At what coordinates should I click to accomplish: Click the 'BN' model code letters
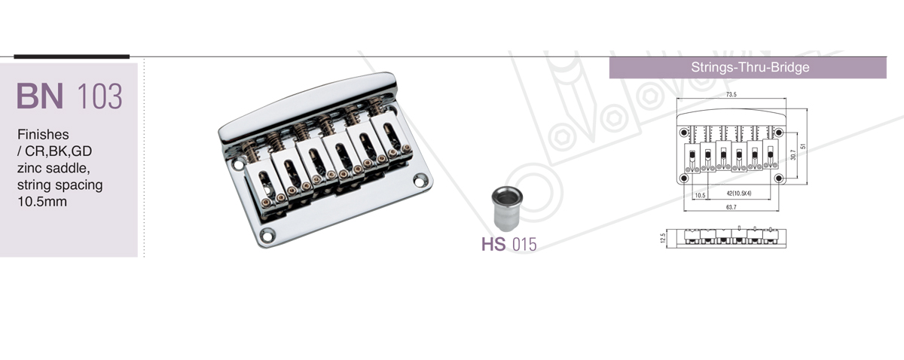pyautogui.click(x=39, y=96)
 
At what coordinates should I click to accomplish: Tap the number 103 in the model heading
pyautogui.click(x=99, y=96)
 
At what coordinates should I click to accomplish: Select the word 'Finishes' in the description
pyautogui.click(x=43, y=134)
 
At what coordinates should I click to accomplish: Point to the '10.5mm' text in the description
pyautogui.click(x=42, y=201)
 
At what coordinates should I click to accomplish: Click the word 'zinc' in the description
pyautogui.click(x=31, y=167)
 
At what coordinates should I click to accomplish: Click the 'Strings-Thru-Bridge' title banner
pyautogui.click(x=748, y=67)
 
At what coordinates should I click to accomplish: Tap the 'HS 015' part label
pyautogui.click(x=509, y=244)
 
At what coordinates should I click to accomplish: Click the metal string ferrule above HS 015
pyautogui.click(x=507, y=209)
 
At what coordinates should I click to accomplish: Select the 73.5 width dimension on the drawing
pyautogui.click(x=731, y=94)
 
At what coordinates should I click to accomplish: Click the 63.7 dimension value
pyautogui.click(x=731, y=207)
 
